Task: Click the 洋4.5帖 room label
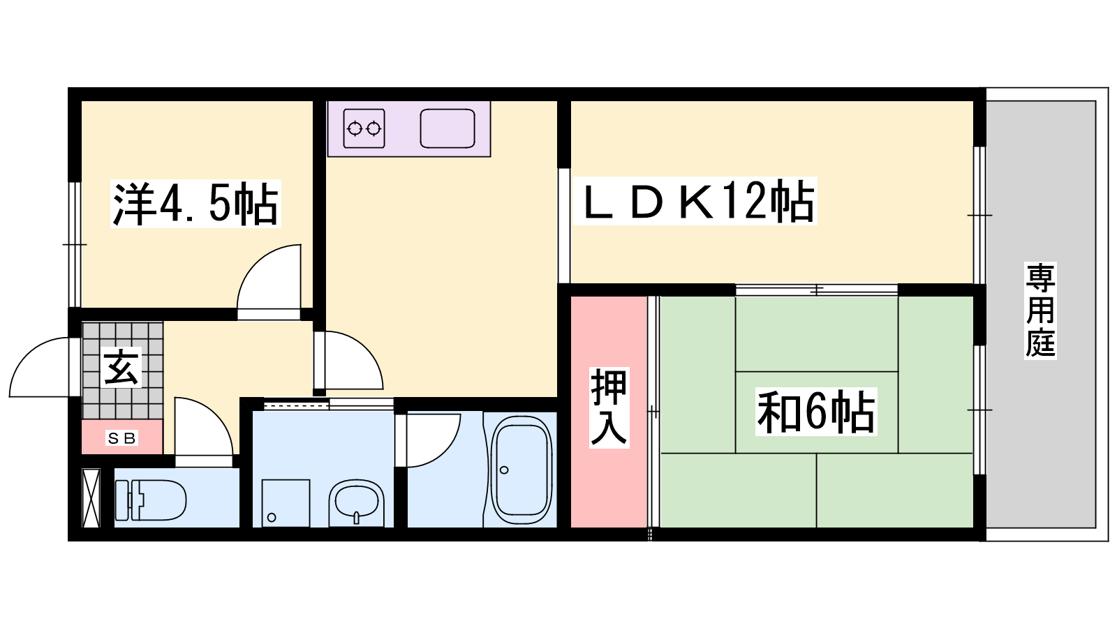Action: [x=195, y=204]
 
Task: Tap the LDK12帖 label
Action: [x=695, y=200]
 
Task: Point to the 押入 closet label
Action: [x=609, y=408]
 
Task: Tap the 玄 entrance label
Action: [x=121, y=367]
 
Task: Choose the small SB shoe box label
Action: [x=122, y=438]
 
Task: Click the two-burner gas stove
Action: [x=364, y=128]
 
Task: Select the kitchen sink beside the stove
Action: [x=447, y=128]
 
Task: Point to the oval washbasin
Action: [x=356, y=502]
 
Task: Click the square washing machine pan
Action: [x=286, y=503]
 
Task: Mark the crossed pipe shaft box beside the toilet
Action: [x=91, y=498]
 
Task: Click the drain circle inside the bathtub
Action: [x=504, y=470]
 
